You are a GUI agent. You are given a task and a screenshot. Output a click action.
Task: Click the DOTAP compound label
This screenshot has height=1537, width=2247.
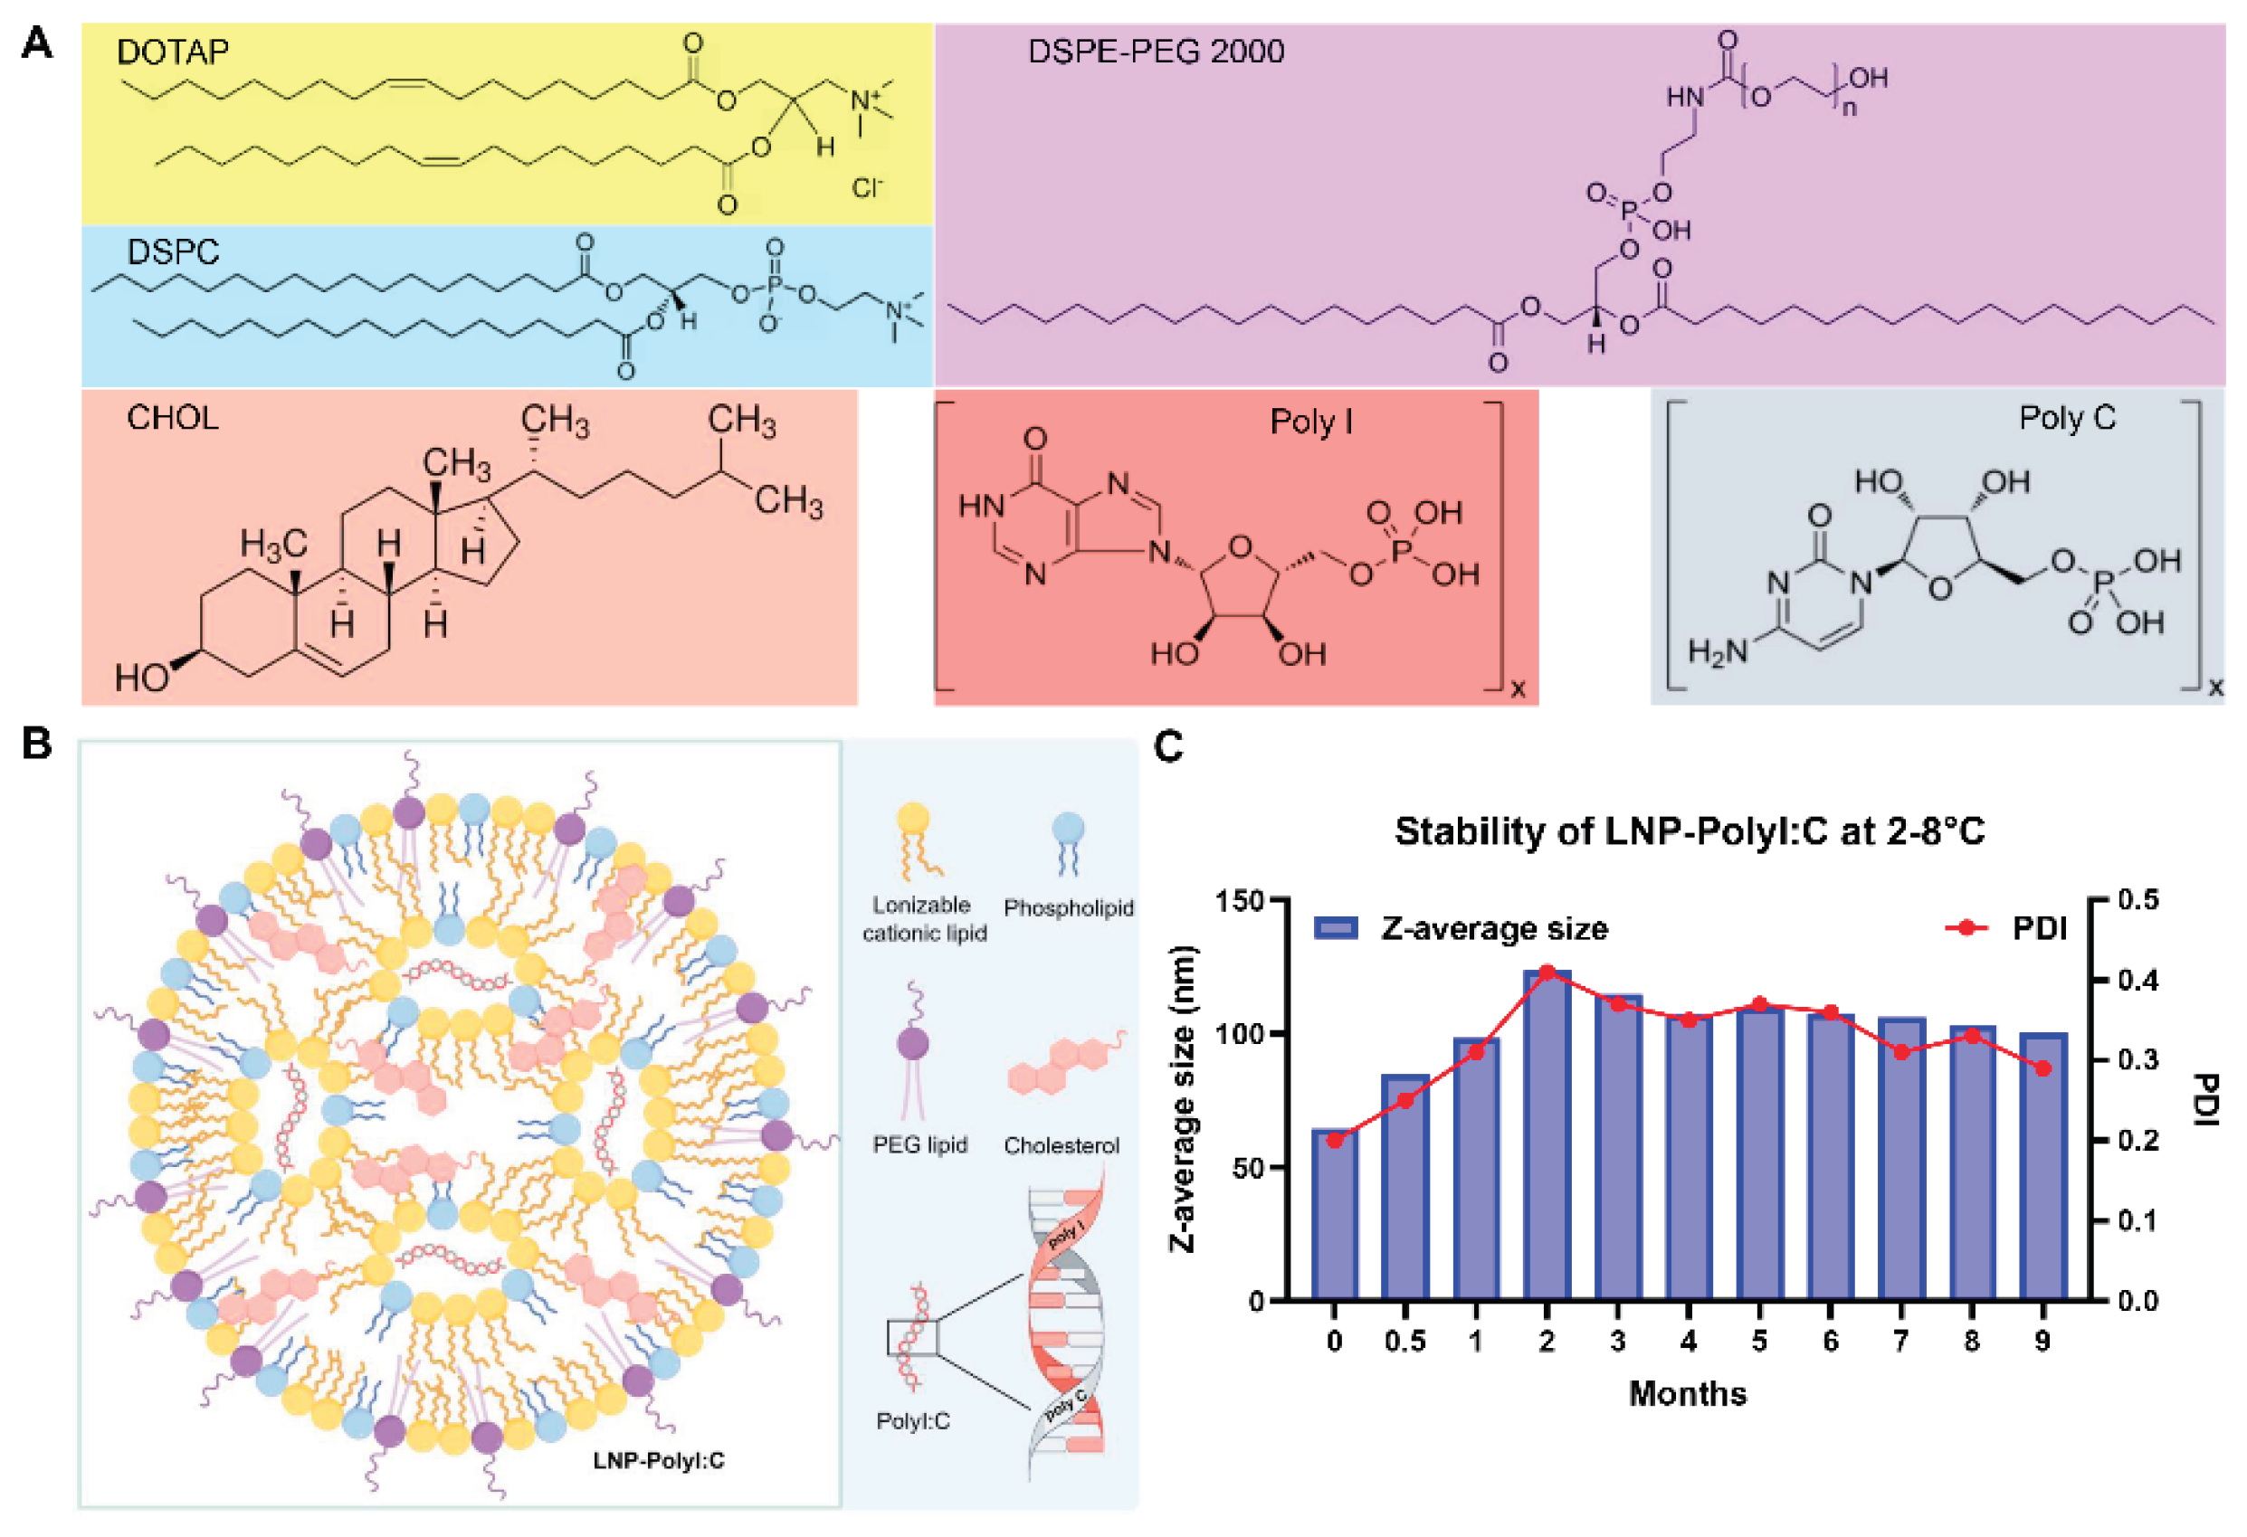pos(172,52)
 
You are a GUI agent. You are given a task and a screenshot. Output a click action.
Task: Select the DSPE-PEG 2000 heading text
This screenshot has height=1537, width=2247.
pos(1156,52)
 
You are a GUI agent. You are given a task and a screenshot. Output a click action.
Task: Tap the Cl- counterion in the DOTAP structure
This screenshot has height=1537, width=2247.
pos(867,187)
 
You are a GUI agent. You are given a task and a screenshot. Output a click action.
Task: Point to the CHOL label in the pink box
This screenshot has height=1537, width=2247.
pos(172,418)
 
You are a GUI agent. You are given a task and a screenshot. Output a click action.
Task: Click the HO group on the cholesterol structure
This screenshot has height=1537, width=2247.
pos(141,678)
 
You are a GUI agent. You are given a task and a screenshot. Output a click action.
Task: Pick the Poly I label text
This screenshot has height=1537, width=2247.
pos(1310,422)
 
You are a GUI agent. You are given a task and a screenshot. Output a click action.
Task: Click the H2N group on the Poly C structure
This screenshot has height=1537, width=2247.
pos(1719,651)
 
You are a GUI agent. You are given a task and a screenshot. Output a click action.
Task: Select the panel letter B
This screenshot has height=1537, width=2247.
pos(36,744)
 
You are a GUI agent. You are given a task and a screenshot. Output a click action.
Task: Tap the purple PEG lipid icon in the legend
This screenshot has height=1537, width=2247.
pos(912,1043)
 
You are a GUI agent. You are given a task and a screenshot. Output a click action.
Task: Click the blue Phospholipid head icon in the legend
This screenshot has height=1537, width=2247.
pos(1068,829)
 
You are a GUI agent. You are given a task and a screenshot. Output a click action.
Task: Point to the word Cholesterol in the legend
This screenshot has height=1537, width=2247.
pos(1061,1145)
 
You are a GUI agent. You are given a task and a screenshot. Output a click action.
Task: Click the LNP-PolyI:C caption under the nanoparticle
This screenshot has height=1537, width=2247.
pos(659,1460)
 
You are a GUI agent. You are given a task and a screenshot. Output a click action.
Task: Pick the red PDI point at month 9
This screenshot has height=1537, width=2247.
pos(2042,1068)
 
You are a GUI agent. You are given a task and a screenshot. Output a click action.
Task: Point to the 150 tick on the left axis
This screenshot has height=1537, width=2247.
pos(1241,901)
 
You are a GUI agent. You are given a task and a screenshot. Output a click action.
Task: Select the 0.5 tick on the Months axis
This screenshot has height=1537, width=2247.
pos(1404,1342)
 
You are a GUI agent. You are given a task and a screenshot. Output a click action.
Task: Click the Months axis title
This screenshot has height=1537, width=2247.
pos(1687,1393)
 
